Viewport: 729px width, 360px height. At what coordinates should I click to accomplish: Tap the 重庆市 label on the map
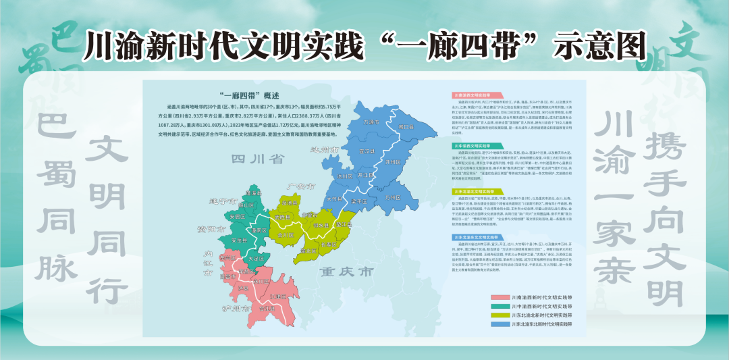pyautogui.click(x=347, y=272)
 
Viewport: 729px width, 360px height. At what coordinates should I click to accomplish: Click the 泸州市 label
pyautogui.click(x=236, y=309)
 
